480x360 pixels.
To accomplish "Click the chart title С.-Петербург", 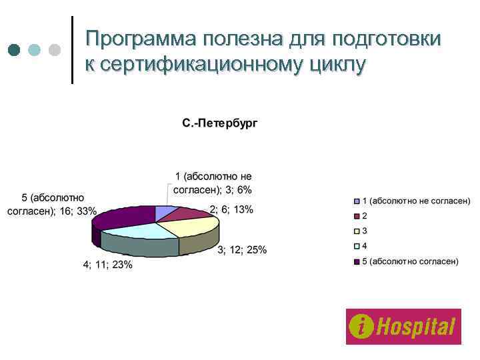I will (219, 123).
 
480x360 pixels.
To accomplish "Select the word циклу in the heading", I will (336, 65).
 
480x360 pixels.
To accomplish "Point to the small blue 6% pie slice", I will (163, 212).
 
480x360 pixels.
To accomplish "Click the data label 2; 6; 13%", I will (231, 209).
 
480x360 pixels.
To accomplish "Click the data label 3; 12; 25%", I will (243, 250).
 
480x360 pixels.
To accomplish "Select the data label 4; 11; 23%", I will (107, 265).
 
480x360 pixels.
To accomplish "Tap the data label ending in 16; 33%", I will (51, 205).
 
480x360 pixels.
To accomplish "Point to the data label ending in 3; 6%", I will (213, 183).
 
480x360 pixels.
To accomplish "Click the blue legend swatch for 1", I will (357, 201).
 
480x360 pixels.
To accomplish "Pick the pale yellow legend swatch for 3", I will (357, 231).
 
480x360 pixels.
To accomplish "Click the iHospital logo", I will (403, 327).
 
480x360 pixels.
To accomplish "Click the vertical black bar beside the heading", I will (71, 50).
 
